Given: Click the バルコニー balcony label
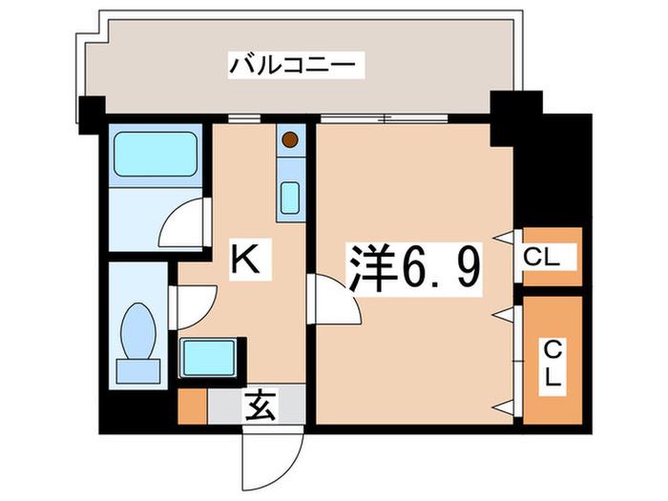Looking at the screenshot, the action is pos(292,66).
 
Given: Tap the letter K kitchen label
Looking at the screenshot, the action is pos(245,260).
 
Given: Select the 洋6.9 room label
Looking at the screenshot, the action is pos(415,269).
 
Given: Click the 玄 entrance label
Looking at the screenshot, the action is pos(261,406).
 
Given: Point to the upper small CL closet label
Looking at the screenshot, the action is pos(541,258).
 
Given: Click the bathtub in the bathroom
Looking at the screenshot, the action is pos(156,154).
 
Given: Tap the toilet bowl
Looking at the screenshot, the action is pos(138,331).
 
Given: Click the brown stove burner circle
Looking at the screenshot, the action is pos(290,139).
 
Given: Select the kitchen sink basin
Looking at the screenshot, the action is pos(290,198).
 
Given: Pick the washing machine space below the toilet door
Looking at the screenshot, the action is pos(208,358).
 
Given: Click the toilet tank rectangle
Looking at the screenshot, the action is pos(138,371).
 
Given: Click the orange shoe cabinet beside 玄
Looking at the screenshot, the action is pos(193,407).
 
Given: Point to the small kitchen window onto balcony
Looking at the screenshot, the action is pos(243,118).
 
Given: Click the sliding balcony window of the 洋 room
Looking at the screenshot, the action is pos(385,118).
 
